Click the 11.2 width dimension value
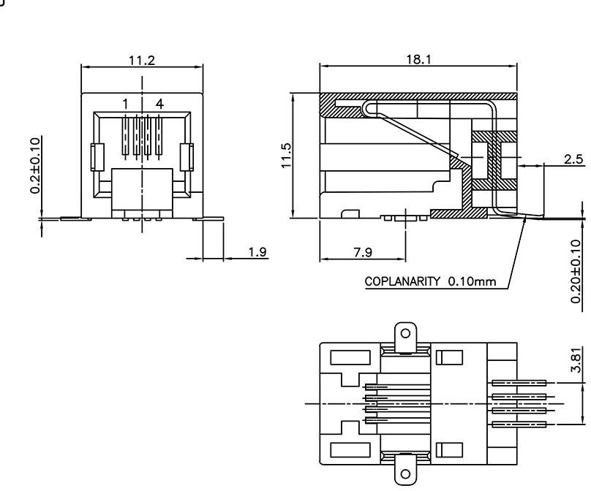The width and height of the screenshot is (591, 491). point(142,60)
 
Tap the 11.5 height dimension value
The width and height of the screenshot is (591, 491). point(287,155)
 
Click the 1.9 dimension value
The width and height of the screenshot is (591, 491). point(257,252)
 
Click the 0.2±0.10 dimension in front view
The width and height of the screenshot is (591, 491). point(34,165)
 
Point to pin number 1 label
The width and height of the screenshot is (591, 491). point(125,104)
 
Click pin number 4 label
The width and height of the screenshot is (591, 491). point(159,104)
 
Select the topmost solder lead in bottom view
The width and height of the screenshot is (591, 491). point(520,382)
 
